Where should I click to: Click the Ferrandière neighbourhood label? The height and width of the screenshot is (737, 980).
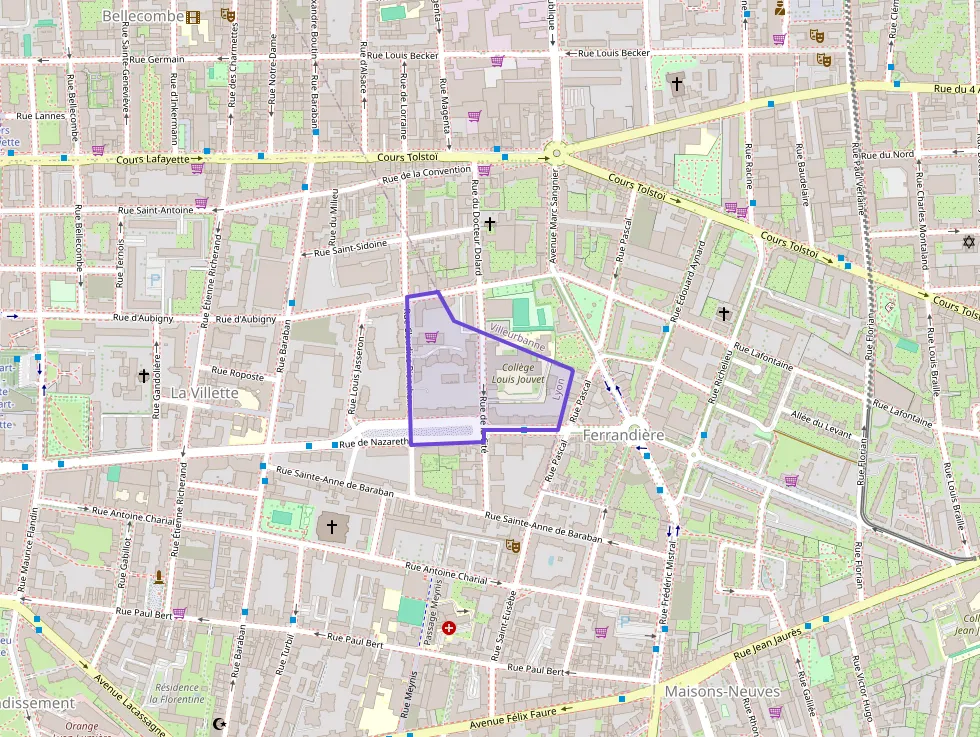pyautogui.click(x=623, y=436)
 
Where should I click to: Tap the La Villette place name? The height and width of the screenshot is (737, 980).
pyautogui.click(x=204, y=393)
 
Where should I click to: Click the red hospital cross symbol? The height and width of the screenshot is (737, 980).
pyautogui.click(x=449, y=628)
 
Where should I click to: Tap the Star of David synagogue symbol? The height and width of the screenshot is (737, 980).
pyautogui.click(x=967, y=242)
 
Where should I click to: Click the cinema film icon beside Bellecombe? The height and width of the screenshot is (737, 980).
pyautogui.click(x=192, y=16)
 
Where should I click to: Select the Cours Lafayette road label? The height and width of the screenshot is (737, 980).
pyautogui.click(x=152, y=158)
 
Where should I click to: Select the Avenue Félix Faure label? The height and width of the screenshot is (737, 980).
pyautogui.click(x=512, y=717)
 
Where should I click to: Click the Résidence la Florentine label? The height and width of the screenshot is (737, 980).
pyautogui.click(x=179, y=693)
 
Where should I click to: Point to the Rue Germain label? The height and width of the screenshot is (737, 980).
pyautogui.click(x=158, y=60)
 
